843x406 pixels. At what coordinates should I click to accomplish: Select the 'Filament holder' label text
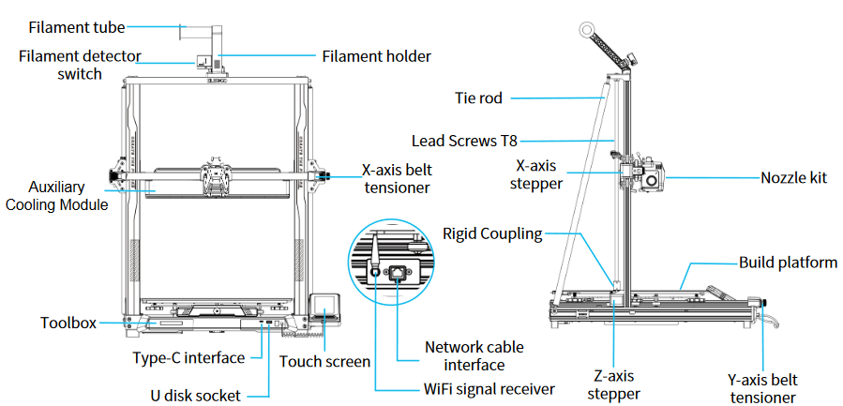tap(376, 56)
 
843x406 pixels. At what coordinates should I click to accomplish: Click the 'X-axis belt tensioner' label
tap(396, 179)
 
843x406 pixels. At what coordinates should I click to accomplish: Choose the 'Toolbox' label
tap(68, 323)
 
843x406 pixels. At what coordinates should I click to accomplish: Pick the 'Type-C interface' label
tap(188, 357)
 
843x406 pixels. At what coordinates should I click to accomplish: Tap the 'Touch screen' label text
tap(325, 361)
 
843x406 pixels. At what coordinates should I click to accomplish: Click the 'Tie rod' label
tap(478, 97)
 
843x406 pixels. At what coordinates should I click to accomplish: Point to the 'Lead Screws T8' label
tap(464, 142)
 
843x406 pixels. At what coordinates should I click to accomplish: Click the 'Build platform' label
tap(788, 263)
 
